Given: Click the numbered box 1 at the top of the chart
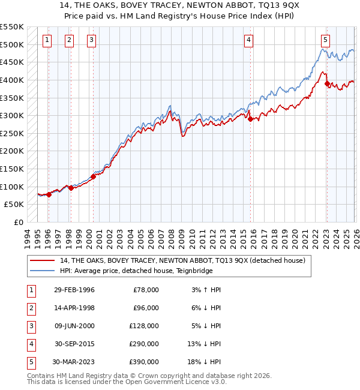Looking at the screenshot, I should (47, 40).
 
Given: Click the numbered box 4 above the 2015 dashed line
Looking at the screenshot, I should (248, 40).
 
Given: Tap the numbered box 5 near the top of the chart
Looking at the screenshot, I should (325, 40).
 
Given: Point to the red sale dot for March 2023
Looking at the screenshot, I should (327, 83).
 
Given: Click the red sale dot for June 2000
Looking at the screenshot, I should (93, 176).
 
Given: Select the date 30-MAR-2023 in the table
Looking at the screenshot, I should (74, 362).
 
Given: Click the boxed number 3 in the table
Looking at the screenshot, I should (29, 326).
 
